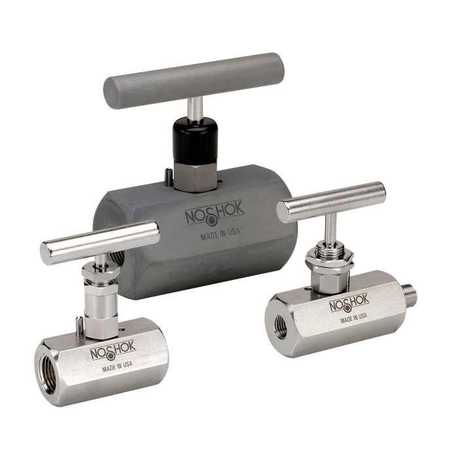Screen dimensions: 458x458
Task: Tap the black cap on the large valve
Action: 195,139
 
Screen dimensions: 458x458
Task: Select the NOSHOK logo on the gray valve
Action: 215,213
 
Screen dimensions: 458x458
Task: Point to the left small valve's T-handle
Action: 100,243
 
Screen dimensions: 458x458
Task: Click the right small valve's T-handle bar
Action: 331,202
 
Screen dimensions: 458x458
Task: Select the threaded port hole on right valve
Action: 281,325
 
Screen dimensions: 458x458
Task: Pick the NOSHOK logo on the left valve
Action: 113,349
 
